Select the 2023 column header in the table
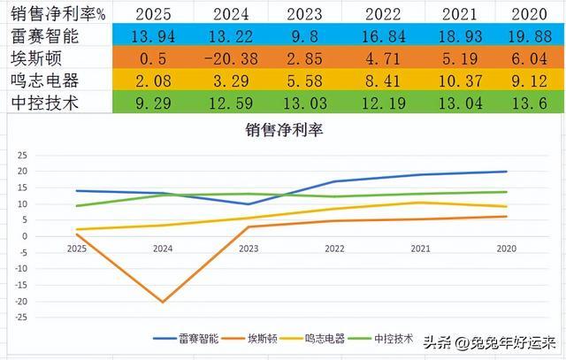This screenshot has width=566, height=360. click(x=303, y=14)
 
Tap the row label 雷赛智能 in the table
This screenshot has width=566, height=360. click(x=46, y=37)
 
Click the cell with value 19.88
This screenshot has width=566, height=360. click(x=528, y=37)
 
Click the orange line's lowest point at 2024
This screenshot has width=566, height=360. click(x=163, y=302)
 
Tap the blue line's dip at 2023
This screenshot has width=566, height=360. click(x=248, y=204)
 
